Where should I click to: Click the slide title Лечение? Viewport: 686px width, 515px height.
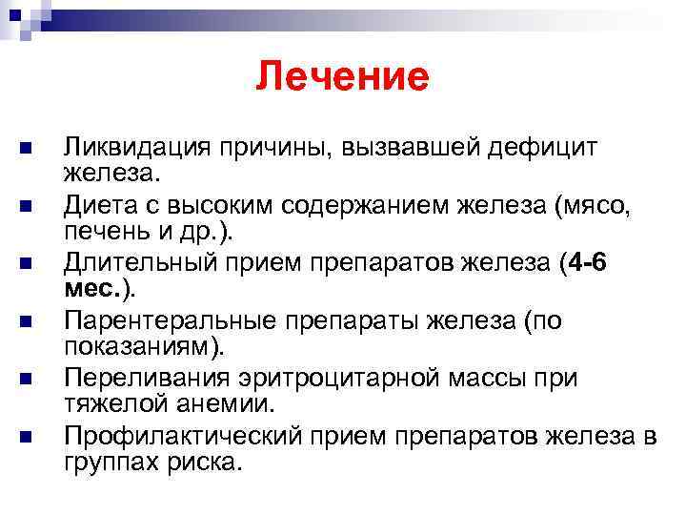(342, 76)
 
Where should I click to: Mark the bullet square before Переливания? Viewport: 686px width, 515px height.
(25, 380)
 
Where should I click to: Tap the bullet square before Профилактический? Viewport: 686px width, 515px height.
(25, 438)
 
